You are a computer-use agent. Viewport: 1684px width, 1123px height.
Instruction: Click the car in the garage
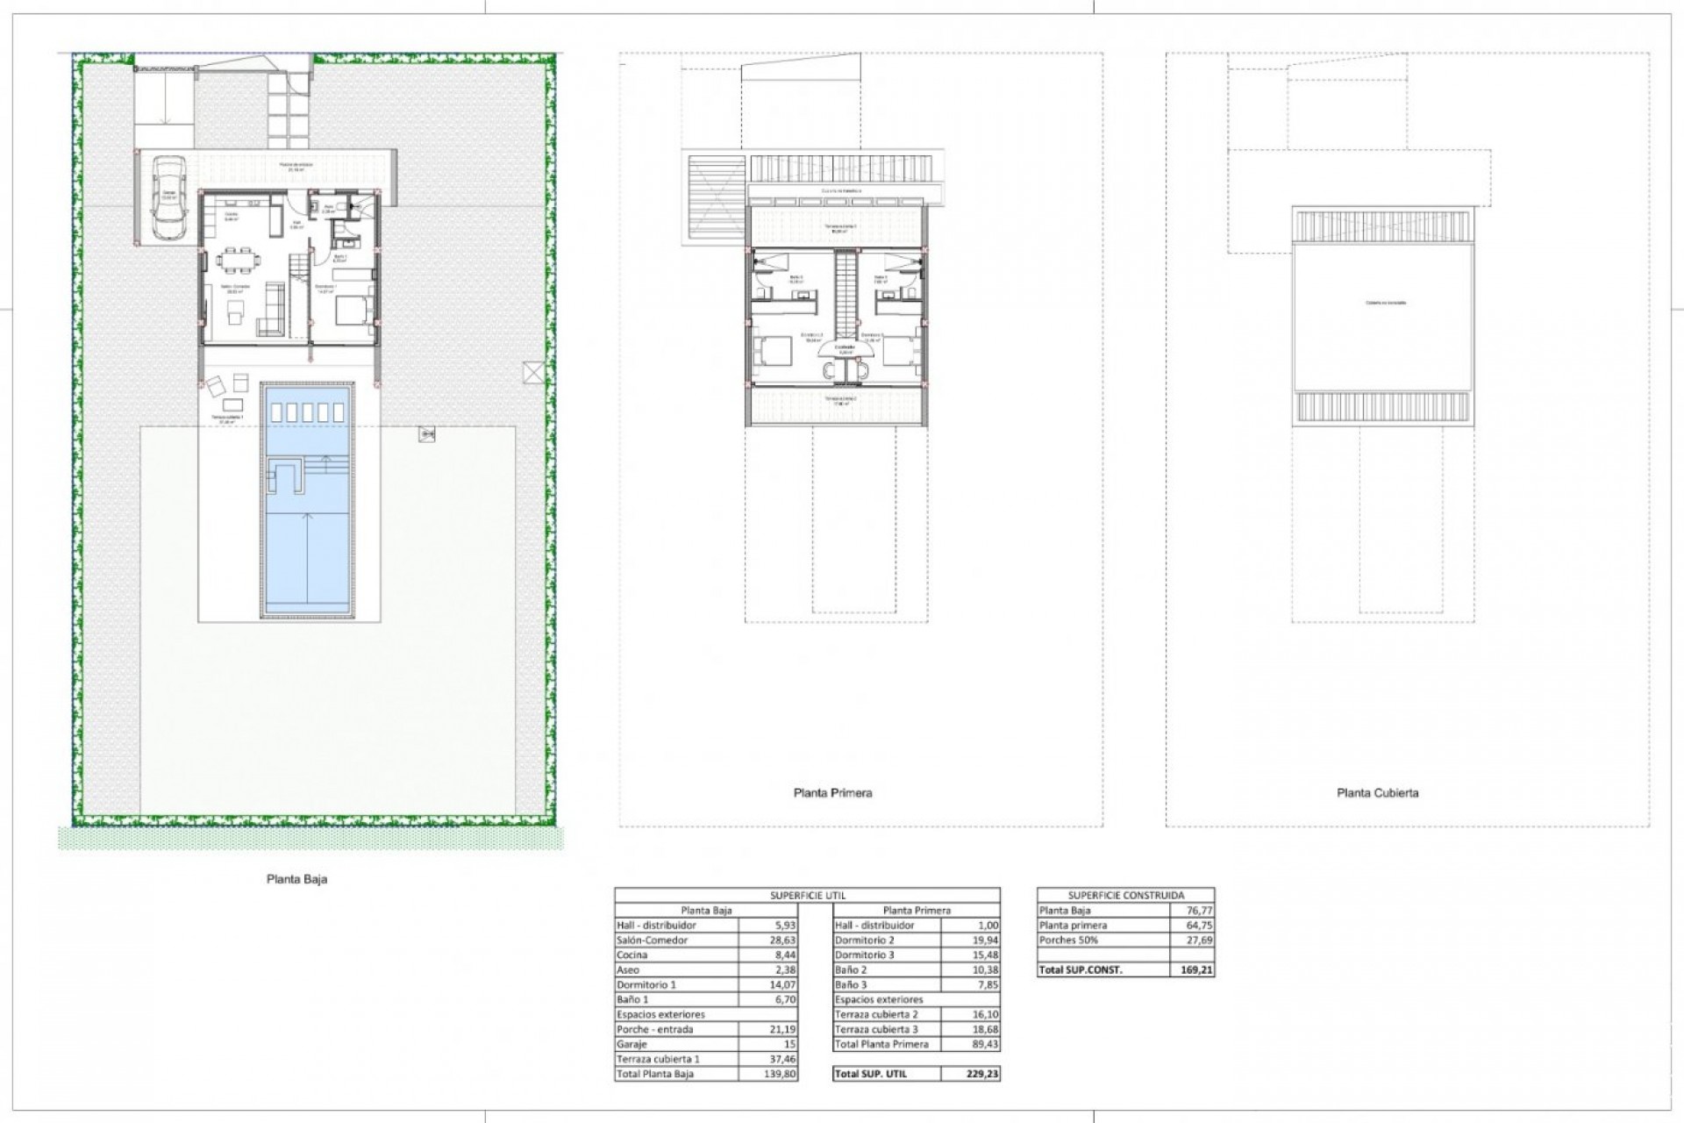pyautogui.click(x=167, y=197)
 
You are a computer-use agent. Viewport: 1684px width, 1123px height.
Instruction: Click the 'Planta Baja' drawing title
pyautogui.click(x=296, y=878)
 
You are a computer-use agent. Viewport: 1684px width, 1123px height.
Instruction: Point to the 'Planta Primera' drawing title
pyautogui.click(x=832, y=792)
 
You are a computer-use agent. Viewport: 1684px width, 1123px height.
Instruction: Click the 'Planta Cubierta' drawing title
pyautogui.click(x=1377, y=792)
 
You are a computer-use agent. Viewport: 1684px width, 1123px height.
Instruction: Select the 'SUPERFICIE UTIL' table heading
pyautogui.click(x=806, y=895)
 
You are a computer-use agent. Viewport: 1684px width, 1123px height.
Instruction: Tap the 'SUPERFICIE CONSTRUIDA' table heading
pyautogui.click(x=1125, y=895)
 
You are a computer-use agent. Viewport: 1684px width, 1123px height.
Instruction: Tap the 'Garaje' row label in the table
pyautogui.click(x=632, y=1044)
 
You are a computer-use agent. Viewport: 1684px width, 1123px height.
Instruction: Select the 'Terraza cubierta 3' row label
pyautogui.click(x=876, y=1029)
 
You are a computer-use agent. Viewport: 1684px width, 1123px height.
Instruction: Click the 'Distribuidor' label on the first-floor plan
pyautogui.click(x=845, y=347)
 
